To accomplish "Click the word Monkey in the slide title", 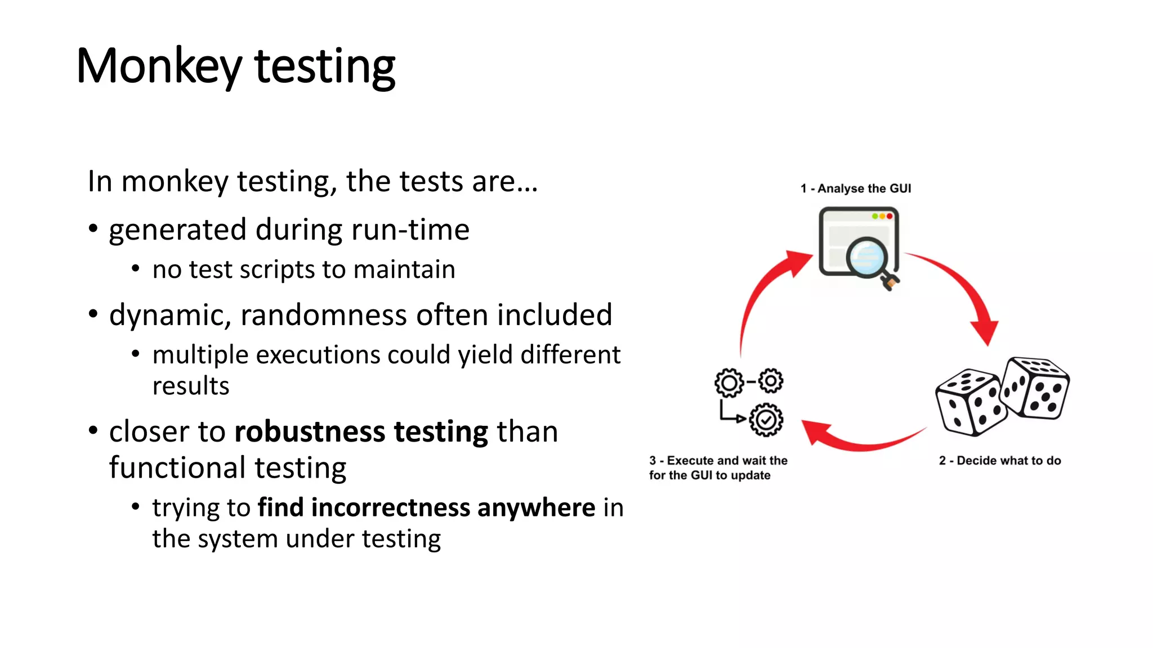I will [x=159, y=66].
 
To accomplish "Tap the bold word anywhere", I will [x=537, y=507].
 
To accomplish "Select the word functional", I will [x=177, y=468].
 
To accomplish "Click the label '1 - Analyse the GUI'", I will [x=855, y=188].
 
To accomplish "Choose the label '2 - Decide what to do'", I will [x=999, y=461].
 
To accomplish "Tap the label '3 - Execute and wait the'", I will [x=718, y=461].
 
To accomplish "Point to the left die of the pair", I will [x=968, y=402].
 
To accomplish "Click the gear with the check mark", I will [x=766, y=420].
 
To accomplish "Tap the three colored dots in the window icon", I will [x=882, y=217].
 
